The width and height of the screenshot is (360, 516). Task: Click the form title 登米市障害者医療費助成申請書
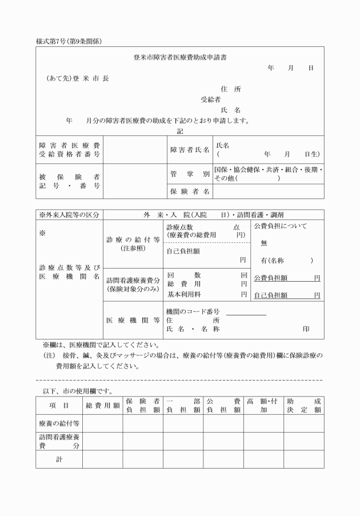coord(179,57)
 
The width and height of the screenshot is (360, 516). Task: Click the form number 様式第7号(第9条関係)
coord(69,40)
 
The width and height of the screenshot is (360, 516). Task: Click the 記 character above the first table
coord(180,131)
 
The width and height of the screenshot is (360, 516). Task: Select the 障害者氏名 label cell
coord(190,150)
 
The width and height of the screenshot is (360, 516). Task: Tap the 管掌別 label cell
coord(190,174)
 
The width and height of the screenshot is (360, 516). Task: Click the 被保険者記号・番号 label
coord(70,181)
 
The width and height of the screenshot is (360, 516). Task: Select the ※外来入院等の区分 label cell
coord(69,215)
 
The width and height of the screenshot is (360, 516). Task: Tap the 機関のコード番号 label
coord(193,311)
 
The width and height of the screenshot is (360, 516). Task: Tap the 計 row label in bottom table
coord(59,459)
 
